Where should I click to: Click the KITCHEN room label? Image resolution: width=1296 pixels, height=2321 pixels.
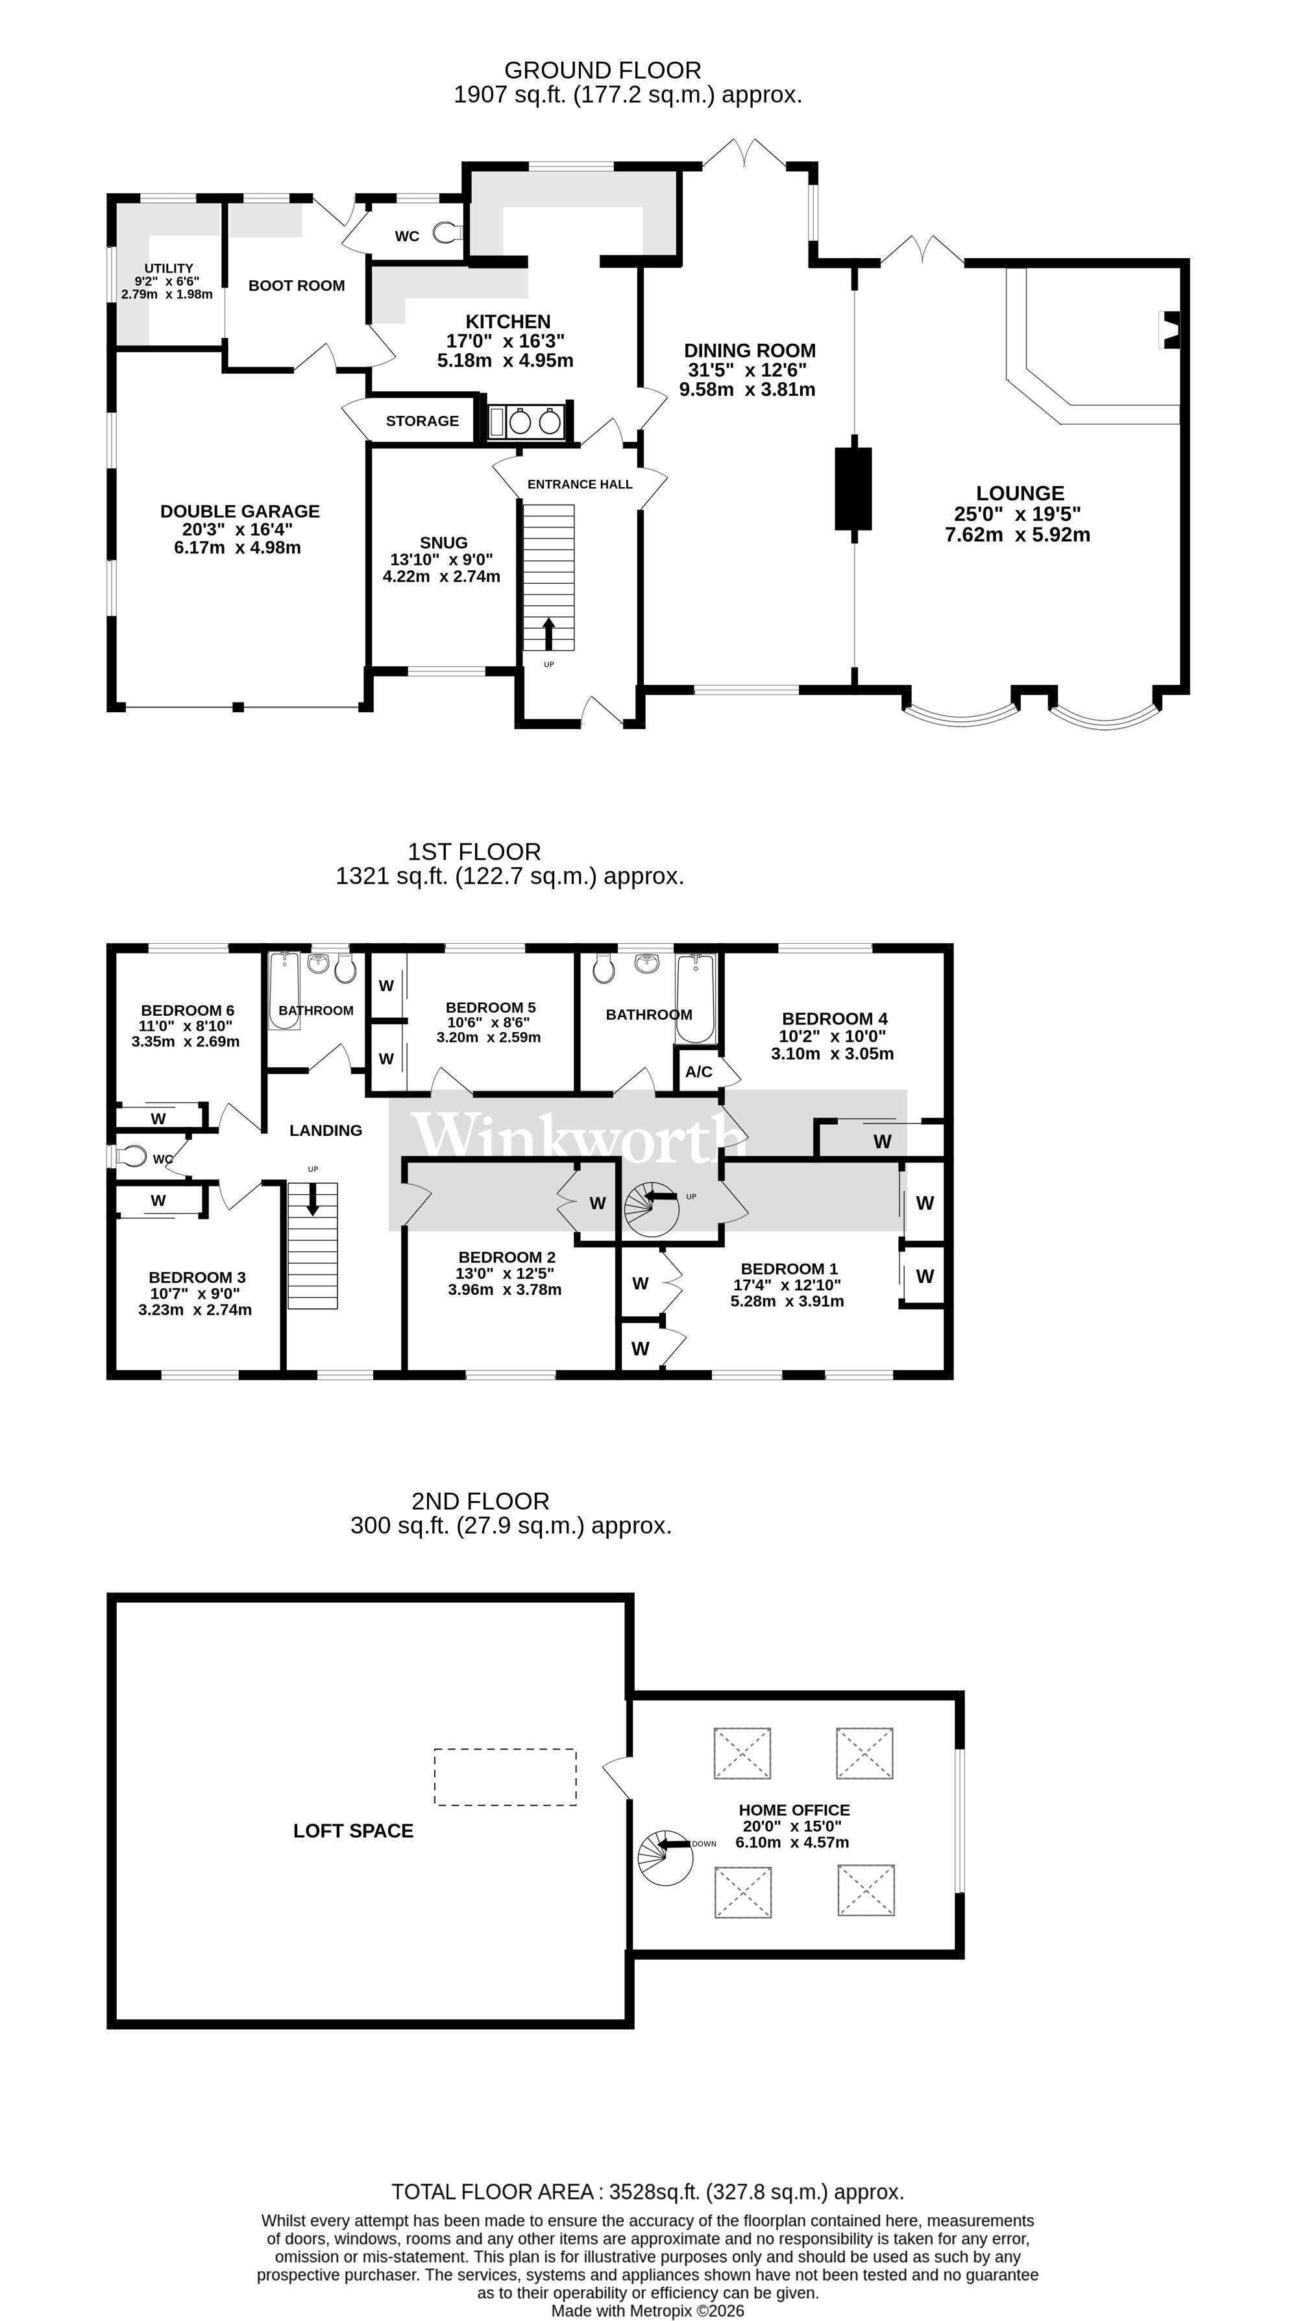pyautogui.click(x=507, y=322)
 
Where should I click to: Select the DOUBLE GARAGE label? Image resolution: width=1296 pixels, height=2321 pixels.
pyautogui.click(x=239, y=511)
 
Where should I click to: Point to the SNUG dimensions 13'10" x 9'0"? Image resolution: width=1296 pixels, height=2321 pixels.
pyautogui.click(x=441, y=560)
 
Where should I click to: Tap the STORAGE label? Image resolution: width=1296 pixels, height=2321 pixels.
pyautogui.click(x=422, y=421)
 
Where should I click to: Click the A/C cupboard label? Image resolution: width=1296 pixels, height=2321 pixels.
pyautogui.click(x=698, y=1071)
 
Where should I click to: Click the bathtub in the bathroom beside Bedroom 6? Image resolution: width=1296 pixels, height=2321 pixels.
pyautogui.click(x=284, y=990)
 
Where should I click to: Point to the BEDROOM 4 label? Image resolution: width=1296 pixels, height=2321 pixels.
pyautogui.click(x=834, y=1019)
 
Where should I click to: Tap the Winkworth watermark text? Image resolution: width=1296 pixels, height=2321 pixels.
pyautogui.click(x=577, y=1137)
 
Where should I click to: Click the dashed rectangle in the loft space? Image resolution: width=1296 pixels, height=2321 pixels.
pyautogui.click(x=505, y=1777)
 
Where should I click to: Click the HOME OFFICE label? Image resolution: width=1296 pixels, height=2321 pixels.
pyautogui.click(x=794, y=1810)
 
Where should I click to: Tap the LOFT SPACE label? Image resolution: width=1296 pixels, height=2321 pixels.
pyautogui.click(x=353, y=1831)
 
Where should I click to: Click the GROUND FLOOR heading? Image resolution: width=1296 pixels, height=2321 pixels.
pyautogui.click(x=602, y=70)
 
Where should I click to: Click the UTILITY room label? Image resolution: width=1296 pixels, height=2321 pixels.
pyautogui.click(x=169, y=269)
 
